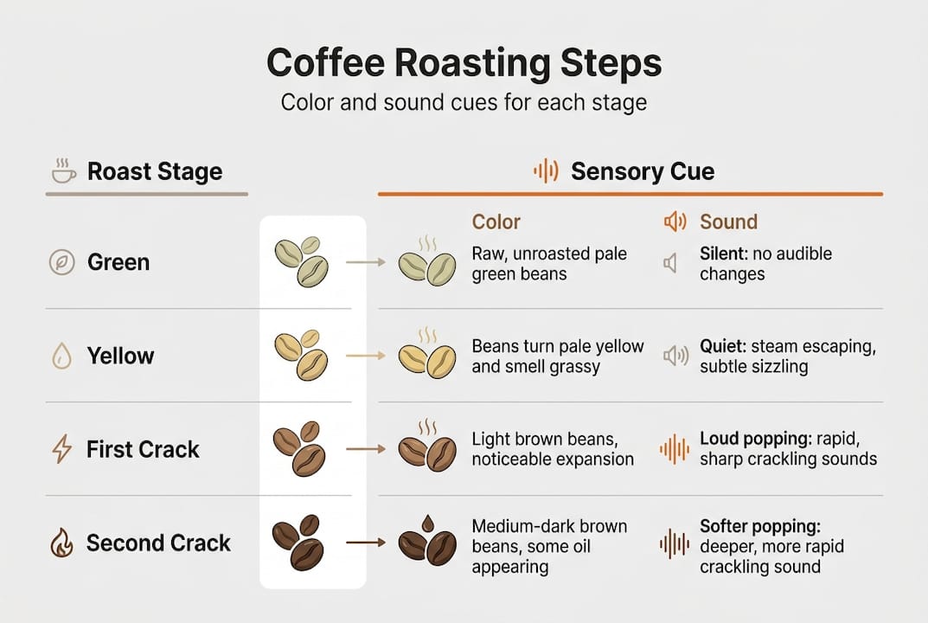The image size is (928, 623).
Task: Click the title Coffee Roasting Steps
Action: [x=464, y=63]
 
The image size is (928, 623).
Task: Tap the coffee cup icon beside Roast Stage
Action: [x=64, y=171]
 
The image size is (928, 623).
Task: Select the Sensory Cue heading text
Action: [x=642, y=171]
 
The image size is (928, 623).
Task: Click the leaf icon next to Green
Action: [x=62, y=262]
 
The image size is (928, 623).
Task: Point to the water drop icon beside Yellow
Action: [x=62, y=356]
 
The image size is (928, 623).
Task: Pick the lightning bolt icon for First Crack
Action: [x=62, y=449]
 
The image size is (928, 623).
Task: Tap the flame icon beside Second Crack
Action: [x=62, y=543]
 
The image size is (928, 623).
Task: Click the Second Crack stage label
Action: [x=158, y=543]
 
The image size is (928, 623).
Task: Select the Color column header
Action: [x=496, y=222]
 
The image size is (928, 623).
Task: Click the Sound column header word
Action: [x=728, y=222]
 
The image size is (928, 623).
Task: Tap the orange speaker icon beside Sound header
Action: [x=675, y=222]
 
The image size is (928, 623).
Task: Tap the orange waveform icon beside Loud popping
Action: [x=675, y=449]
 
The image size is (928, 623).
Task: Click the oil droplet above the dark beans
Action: [x=426, y=523]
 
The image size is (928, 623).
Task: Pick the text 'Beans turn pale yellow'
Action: [x=558, y=346]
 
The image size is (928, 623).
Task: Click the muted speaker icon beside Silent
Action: [x=671, y=262]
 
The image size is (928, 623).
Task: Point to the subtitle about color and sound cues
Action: [x=464, y=103]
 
